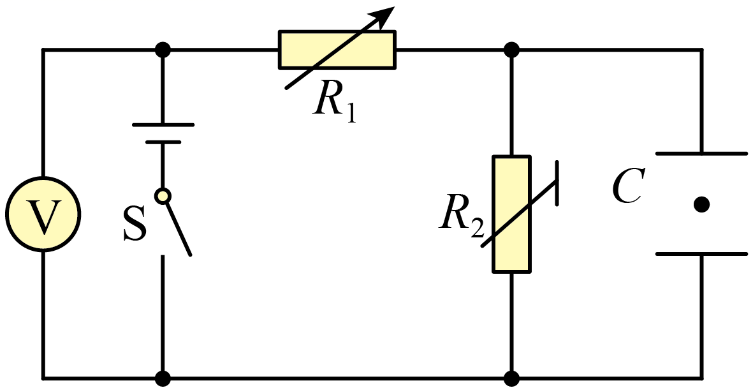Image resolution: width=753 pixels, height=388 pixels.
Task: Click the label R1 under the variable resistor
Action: coord(334,102)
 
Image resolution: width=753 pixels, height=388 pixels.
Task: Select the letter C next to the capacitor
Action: coord(627,186)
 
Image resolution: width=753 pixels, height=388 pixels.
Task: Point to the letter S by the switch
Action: coord(134,225)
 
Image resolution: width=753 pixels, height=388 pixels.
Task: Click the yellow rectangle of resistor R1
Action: coord(337,50)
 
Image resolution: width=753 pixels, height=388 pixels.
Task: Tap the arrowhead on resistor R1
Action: coord(385,15)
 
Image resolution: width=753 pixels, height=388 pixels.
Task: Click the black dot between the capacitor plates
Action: coord(701,204)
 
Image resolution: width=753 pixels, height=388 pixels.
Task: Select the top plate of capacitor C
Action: coord(701,153)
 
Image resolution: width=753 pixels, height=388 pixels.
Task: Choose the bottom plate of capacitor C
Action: coord(701,254)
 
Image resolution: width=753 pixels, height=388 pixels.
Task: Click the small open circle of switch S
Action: coord(163,196)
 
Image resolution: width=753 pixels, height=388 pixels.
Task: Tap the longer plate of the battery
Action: coord(163,125)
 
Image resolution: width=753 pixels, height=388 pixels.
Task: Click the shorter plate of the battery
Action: coord(163,142)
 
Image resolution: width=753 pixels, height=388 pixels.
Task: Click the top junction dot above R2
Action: coord(511,49)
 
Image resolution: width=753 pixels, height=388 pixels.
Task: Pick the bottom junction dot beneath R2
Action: coord(511,378)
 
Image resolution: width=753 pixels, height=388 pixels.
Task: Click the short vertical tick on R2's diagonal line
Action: coord(557,183)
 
